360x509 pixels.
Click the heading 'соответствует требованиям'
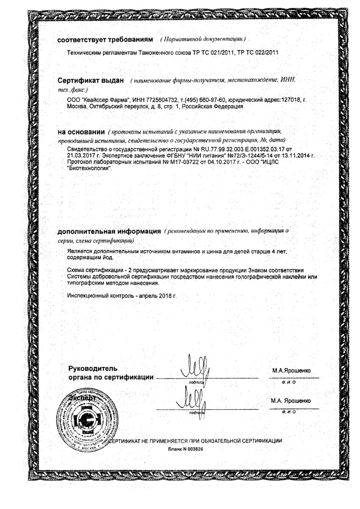pyautogui.click(x=104, y=39)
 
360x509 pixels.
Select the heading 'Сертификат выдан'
pyautogui.click(x=91, y=81)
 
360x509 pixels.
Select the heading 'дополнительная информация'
pyautogui.click(x=109, y=232)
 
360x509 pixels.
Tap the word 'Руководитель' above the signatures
pyautogui.click(x=93, y=368)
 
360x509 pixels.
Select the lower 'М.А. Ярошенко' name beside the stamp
pyautogui.click(x=291, y=400)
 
